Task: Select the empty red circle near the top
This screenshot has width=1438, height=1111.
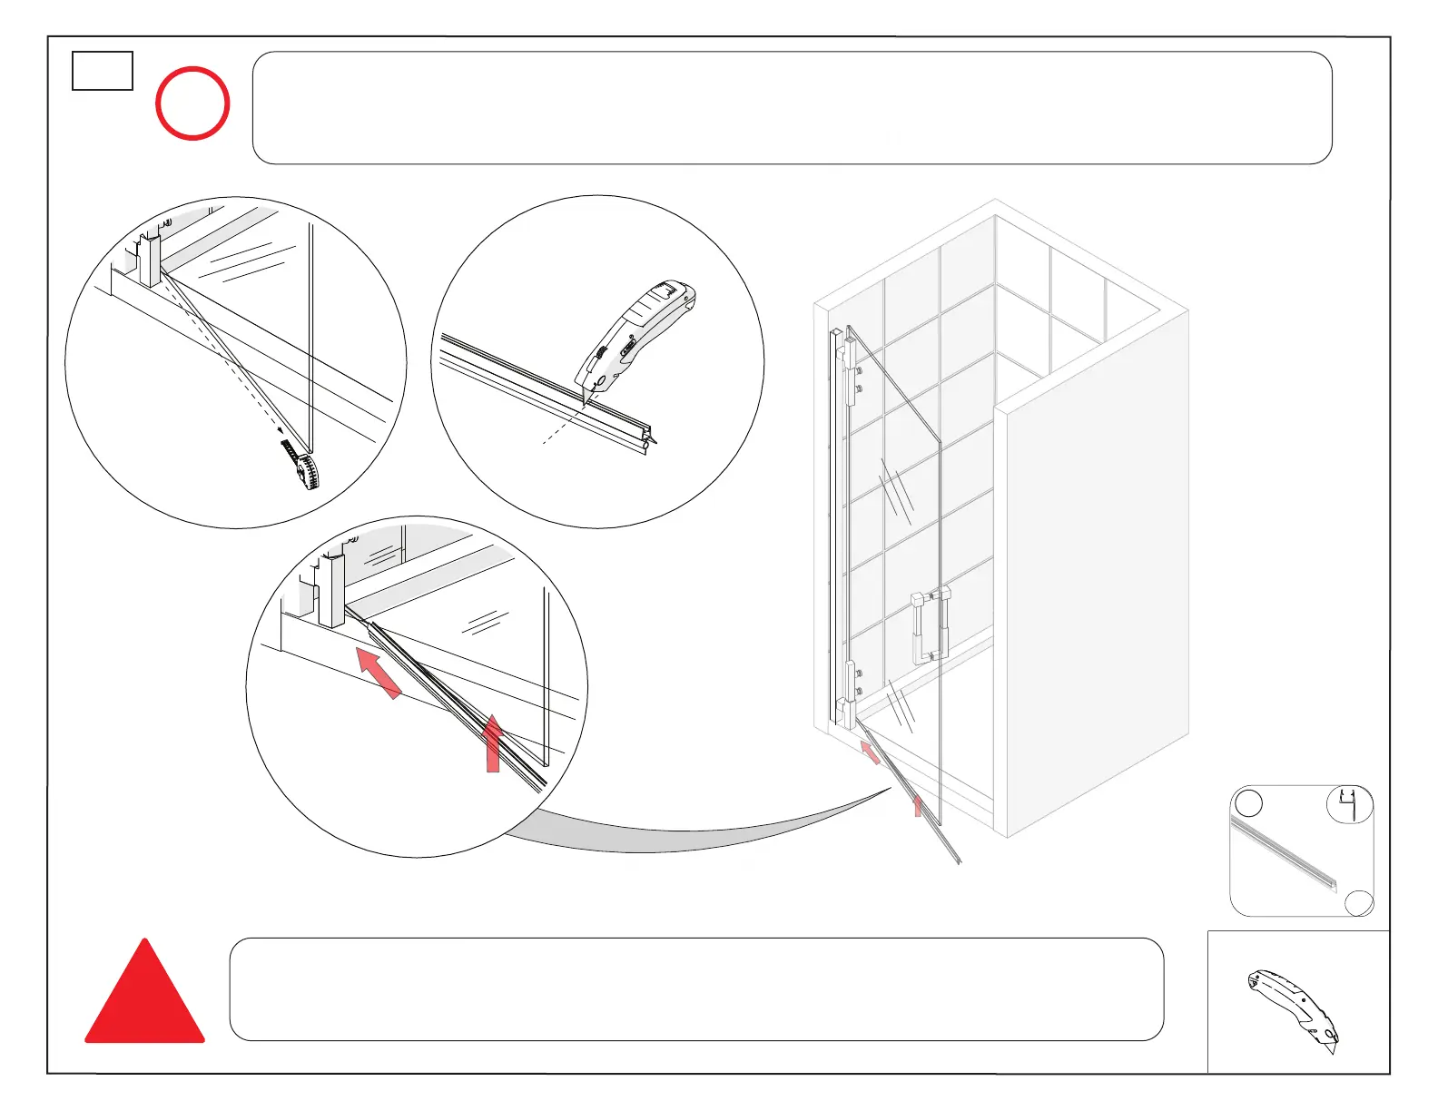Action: tap(192, 103)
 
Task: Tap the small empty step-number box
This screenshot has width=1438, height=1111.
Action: tap(103, 71)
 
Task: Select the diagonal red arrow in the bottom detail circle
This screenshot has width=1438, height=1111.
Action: tap(378, 672)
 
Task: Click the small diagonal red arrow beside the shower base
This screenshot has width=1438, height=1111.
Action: tap(870, 752)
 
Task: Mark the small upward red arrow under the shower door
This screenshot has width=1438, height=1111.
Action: tap(918, 806)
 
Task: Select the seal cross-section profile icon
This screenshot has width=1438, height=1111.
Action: tap(1350, 804)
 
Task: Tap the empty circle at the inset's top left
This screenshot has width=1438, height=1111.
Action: tap(1250, 803)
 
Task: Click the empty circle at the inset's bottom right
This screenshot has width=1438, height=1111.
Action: tap(1359, 903)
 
